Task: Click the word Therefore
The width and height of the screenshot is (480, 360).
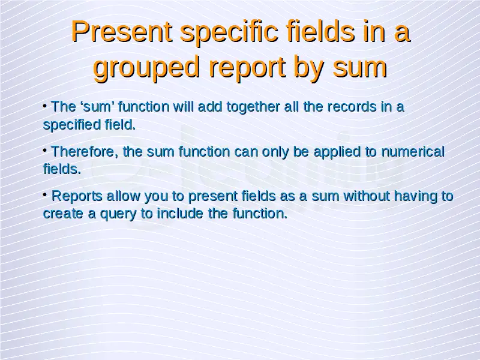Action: [x=84, y=152]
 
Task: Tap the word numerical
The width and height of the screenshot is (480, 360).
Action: [x=413, y=152]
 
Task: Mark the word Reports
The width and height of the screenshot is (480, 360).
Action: [x=77, y=197]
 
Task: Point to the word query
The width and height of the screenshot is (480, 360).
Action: [x=118, y=214]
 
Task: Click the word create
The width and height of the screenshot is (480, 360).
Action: [x=63, y=214]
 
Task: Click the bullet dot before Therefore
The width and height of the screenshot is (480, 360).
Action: [x=45, y=150]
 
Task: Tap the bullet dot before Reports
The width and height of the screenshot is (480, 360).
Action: [x=45, y=194]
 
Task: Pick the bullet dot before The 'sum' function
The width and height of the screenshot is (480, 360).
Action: [x=45, y=106]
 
